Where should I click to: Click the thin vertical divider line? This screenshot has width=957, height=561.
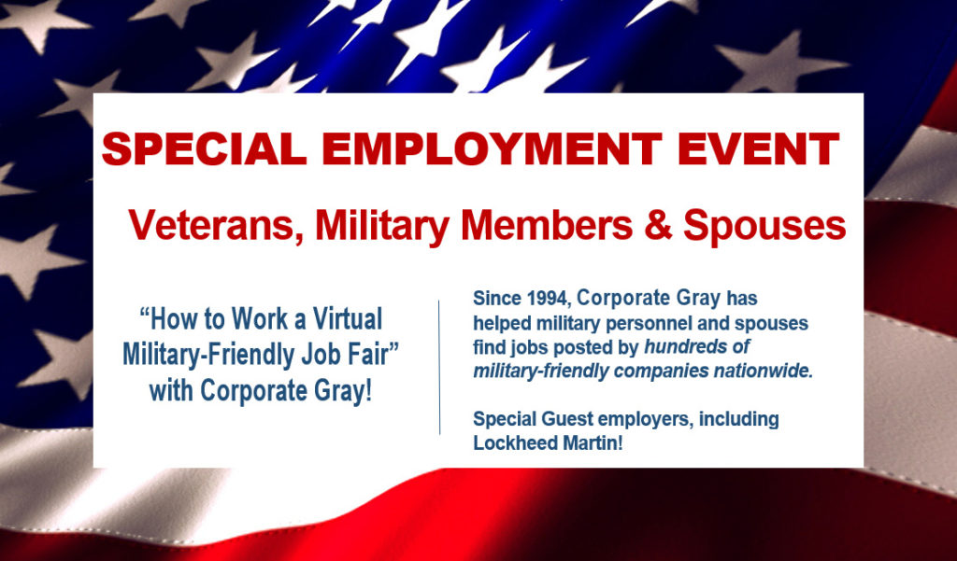click(439, 367)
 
